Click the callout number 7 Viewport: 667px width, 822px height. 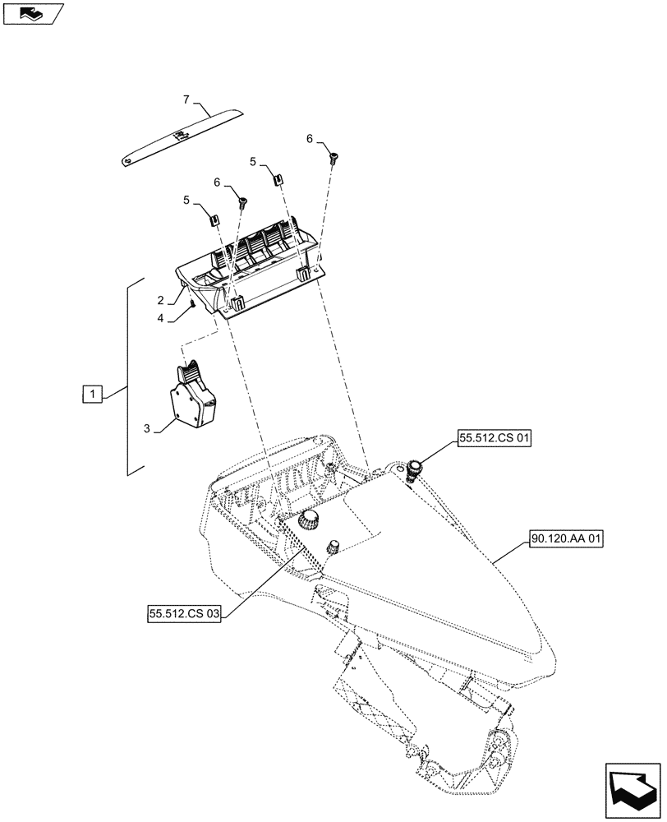186,99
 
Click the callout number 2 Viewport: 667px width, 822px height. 162,300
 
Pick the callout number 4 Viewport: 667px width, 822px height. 162,317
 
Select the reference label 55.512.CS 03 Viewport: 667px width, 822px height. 185,612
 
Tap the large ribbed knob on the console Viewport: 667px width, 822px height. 310,520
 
